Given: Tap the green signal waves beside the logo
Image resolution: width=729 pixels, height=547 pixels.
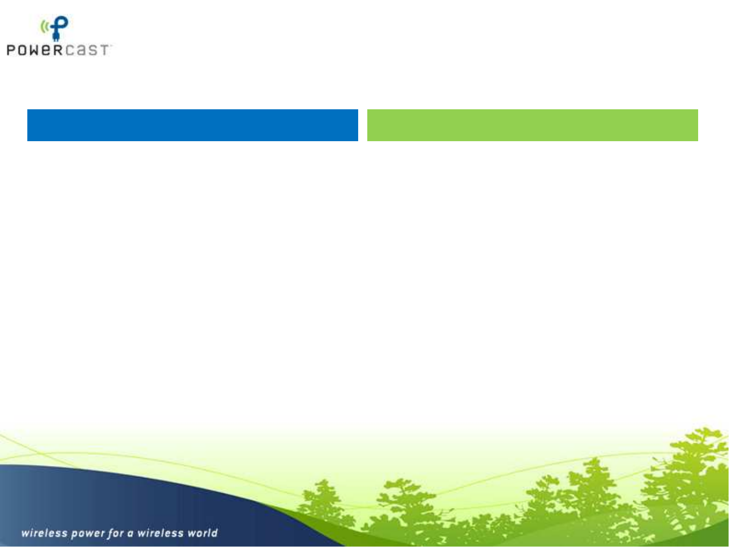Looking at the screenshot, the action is click(45, 27).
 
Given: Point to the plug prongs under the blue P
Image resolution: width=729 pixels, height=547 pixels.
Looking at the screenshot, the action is click(56, 38).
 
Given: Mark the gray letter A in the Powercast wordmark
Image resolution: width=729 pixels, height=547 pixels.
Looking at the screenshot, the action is click(81, 50).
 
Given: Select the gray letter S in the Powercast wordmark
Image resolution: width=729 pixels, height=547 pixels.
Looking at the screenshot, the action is click(93, 50).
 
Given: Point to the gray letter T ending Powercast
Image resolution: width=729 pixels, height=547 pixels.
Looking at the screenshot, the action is click(104, 50).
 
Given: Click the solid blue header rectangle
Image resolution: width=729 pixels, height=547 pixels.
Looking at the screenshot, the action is click(193, 125).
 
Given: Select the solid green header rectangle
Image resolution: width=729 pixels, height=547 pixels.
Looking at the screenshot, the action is click(532, 125).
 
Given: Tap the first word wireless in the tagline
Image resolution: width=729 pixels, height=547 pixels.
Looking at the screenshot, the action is click(44, 533).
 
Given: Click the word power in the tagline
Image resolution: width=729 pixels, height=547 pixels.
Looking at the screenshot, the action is click(88, 534).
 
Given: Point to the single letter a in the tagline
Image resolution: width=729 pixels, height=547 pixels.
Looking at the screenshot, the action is click(131, 534).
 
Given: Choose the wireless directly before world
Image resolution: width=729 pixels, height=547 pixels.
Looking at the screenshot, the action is click(160, 533).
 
